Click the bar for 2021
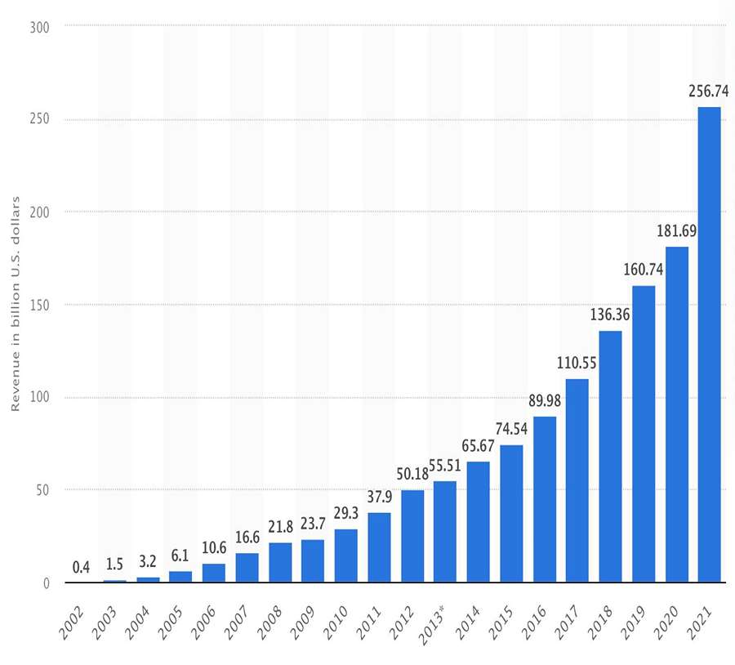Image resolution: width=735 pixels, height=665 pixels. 709,345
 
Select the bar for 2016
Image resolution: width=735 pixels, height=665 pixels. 544,499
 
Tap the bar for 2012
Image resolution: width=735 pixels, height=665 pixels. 412,536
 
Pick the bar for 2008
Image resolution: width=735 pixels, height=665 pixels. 280,562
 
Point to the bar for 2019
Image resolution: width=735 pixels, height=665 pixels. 644,434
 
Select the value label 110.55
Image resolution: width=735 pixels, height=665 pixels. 577,364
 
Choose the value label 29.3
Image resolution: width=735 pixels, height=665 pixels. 346,515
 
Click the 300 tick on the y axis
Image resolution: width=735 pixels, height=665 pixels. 41,27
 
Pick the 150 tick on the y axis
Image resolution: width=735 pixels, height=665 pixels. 41,305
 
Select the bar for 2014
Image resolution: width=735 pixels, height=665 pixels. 478,522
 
